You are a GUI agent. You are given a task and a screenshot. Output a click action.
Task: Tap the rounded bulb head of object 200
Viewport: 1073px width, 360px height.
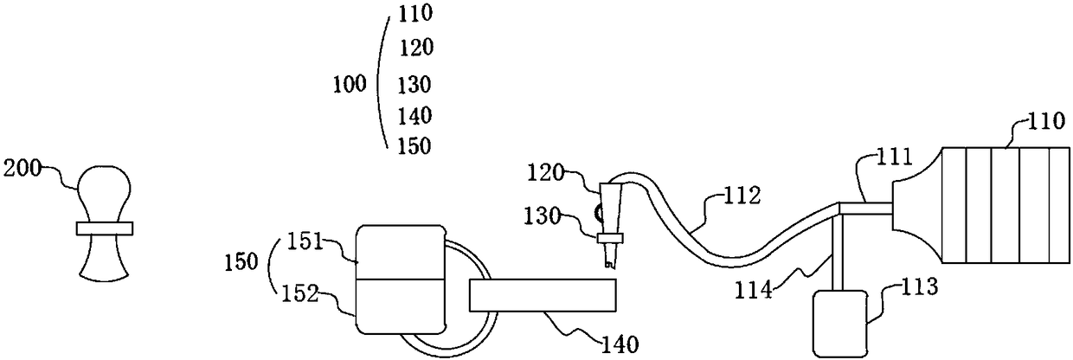(x=103, y=186)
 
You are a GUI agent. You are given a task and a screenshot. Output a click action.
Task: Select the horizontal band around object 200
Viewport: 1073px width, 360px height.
(x=104, y=228)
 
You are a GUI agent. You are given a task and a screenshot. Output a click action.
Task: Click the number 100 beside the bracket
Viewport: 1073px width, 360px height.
(x=350, y=84)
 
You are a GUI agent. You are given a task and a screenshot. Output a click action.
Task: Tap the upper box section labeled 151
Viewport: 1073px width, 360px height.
(x=399, y=252)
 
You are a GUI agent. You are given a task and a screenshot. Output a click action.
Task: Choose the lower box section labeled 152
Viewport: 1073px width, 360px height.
(x=399, y=305)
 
